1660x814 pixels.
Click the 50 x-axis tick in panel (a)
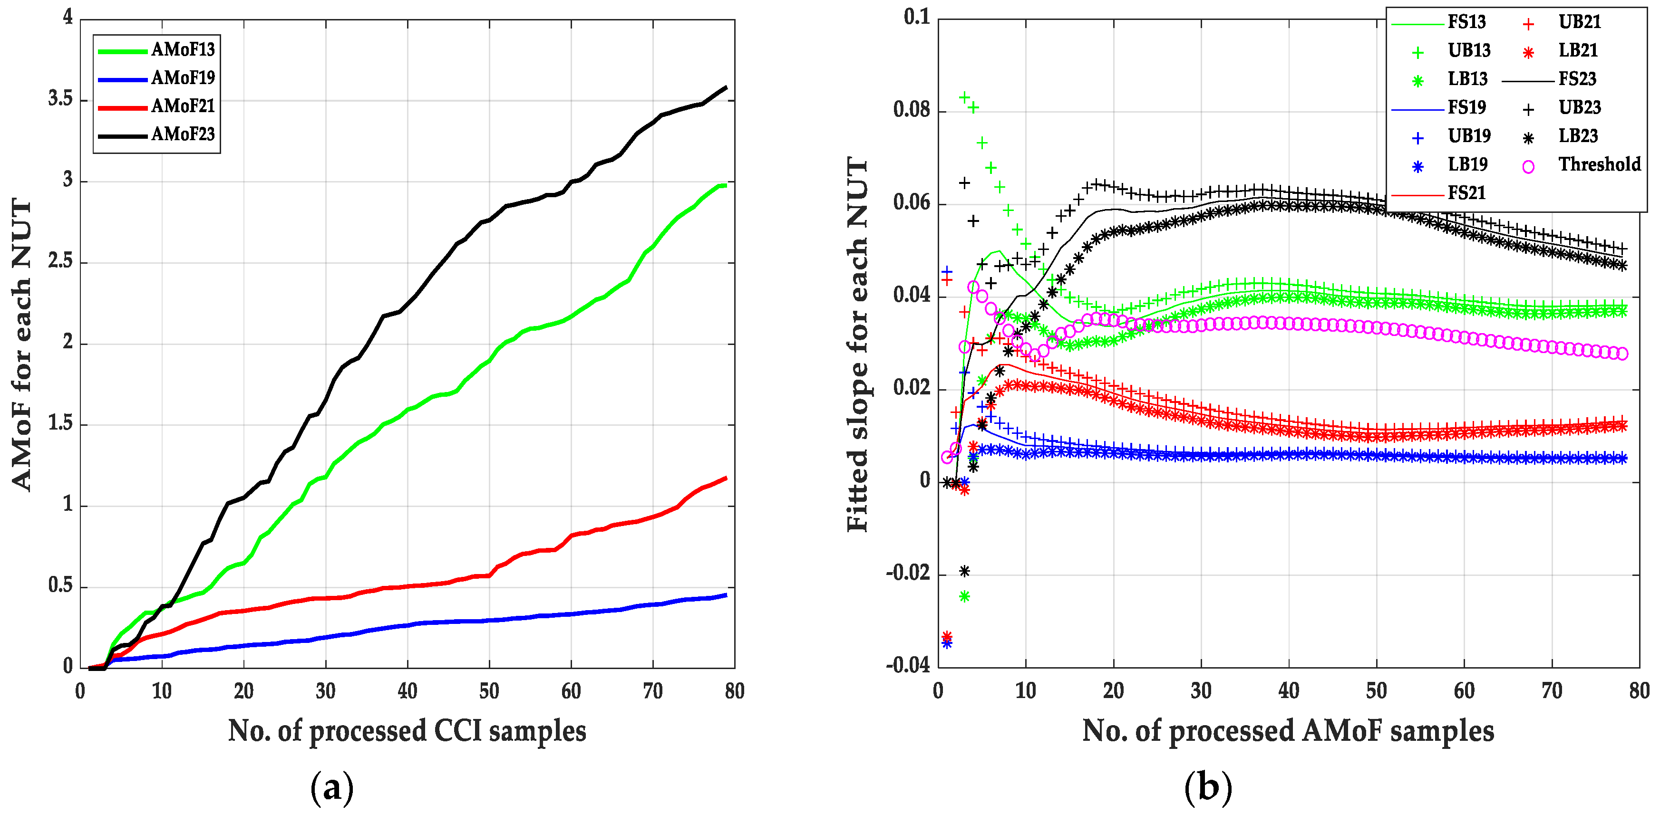tap(489, 692)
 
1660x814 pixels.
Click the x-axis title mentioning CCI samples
tap(407, 732)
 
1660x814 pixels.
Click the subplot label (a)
tap(332, 787)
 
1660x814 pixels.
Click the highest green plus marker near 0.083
tap(964, 97)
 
